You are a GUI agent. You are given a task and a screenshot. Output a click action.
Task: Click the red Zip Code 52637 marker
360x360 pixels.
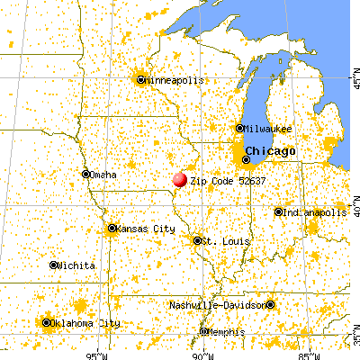(180, 179)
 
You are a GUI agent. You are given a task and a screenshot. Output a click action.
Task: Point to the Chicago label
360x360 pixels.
(270, 150)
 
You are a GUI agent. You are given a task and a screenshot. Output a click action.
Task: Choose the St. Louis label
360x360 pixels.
(220, 240)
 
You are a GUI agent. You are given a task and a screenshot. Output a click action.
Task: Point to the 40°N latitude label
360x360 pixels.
(354, 209)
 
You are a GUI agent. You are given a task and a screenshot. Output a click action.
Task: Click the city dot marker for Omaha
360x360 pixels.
(86, 175)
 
